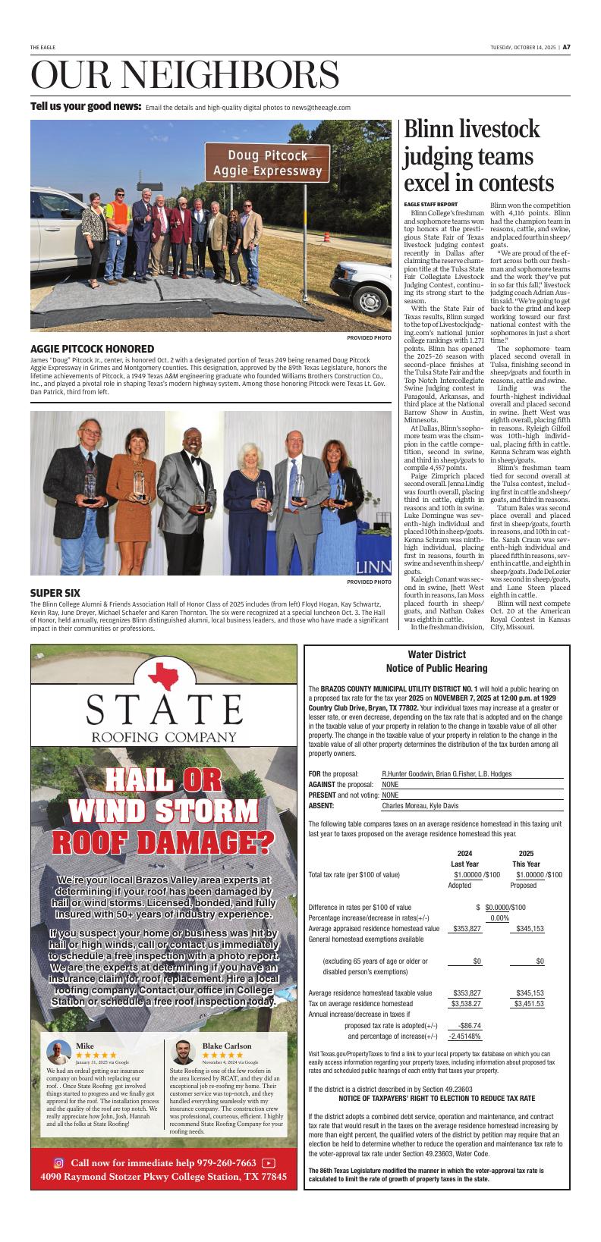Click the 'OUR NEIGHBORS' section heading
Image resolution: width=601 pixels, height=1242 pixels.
[x=184, y=74]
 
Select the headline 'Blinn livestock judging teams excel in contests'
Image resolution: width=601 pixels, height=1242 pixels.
[x=479, y=157]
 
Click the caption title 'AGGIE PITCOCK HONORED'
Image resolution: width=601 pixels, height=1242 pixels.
[x=92, y=349]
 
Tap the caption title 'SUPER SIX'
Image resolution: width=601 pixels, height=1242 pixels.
[x=57, y=592]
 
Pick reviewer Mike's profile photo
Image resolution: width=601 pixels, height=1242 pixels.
[x=58, y=1052]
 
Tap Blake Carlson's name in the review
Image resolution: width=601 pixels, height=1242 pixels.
[x=226, y=1046]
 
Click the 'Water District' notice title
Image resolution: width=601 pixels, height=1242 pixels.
[x=436, y=654]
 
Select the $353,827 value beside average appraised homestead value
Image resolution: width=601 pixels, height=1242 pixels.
[x=467, y=929]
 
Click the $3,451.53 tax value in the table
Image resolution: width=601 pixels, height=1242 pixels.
[x=529, y=1004]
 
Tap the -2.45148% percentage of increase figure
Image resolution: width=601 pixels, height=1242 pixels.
[x=464, y=1037]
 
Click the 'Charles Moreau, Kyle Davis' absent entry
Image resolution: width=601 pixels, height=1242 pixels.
[x=420, y=806]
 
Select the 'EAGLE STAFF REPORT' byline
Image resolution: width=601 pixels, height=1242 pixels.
[x=430, y=204]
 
